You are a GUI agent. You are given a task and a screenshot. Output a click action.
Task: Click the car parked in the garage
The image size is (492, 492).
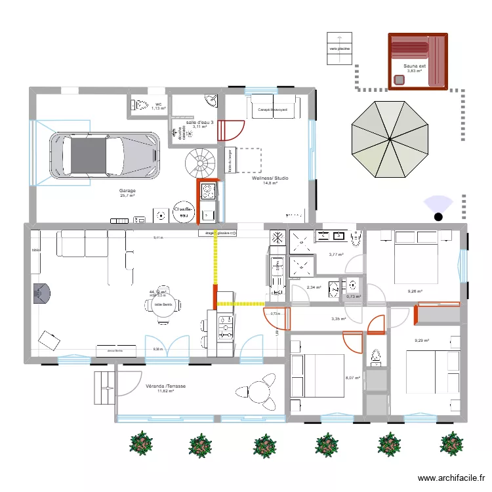(105, 155)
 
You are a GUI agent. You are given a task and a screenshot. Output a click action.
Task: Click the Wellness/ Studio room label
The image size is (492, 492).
(270, 178)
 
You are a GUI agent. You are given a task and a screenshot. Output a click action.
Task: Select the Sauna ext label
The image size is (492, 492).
(415, 66)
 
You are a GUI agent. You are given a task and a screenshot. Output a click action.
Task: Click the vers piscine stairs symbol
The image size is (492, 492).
(339, 49)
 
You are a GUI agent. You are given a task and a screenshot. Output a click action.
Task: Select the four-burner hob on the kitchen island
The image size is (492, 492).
(224, 327)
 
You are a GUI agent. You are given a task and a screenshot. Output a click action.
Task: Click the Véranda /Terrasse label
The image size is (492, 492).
(165, 386)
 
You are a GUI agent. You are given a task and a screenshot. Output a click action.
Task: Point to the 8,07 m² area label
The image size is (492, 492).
(354, 378)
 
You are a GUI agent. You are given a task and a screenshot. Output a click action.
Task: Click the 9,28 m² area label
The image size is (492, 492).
(415, 292)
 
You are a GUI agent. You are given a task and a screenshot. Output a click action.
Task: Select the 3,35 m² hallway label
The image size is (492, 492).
(338, 319)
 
